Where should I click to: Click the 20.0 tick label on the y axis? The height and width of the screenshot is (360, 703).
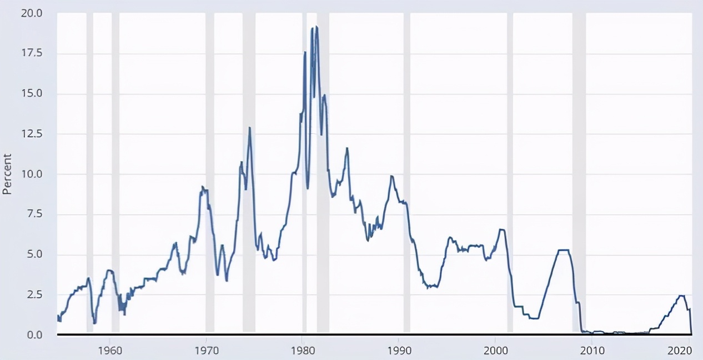click(x=32, y=13)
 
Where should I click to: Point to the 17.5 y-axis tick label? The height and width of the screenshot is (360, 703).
click(x=32, y=53)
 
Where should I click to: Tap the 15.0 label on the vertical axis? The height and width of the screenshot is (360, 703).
click(x=32, y=93)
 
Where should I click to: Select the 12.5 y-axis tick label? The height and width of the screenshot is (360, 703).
click(x=32, y=134)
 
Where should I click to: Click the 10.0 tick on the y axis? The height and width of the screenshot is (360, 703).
click(x=32, y=174)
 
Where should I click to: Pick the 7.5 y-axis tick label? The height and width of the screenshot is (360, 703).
click(x=34, y=214)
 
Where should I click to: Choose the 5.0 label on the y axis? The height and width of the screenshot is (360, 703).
click(x=34, y=254)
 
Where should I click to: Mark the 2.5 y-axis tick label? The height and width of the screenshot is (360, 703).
click(x=34, y=294)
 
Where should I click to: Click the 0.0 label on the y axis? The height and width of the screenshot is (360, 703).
click(x=34, y=335)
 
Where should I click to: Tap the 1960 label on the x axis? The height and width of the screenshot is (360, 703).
click(x=110, y=350)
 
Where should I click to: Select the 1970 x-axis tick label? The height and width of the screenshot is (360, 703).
click(x=206, y=350)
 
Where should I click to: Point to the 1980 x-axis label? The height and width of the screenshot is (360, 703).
click(x=303, y=350)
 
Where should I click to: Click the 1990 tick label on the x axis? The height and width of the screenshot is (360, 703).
click(x=399, y=350)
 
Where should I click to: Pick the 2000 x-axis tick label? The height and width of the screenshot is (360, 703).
click(x=496, y=350)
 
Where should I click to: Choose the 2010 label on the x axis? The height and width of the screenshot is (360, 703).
click(x=592, y=350)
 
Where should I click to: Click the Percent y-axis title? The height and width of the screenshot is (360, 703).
click(x=7, y=174)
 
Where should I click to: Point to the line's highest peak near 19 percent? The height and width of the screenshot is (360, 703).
click(x=317, y=27)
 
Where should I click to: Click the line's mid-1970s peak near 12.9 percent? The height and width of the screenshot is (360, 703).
click(x=250, y=128)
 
